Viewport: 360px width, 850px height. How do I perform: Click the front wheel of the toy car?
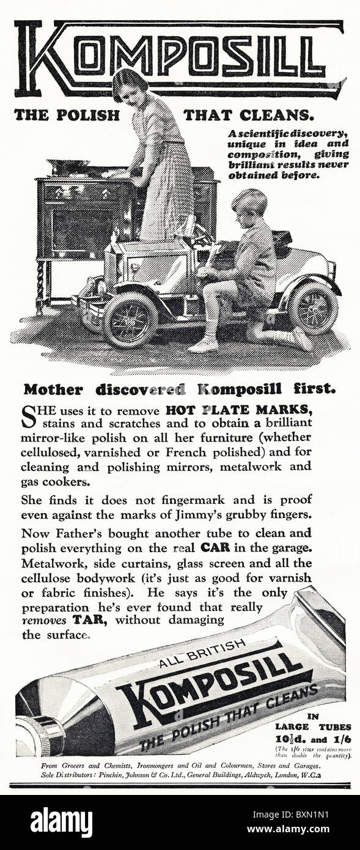coord(130,319)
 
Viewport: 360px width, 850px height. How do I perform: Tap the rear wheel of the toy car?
coord(313,307)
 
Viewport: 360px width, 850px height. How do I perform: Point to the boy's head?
coord(249,203)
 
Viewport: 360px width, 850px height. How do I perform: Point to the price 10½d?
coord(293,738)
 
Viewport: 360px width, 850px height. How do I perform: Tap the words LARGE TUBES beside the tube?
coord(313,727)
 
